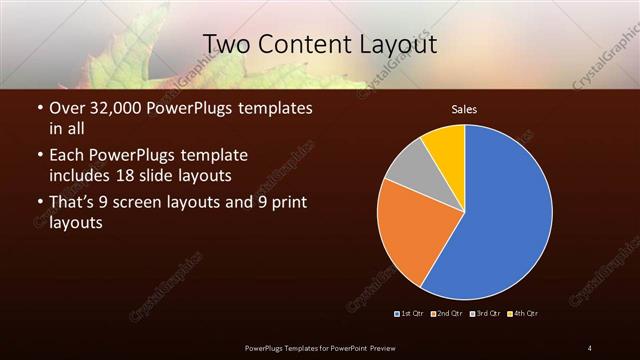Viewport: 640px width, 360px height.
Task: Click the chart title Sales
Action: click(x=464, y=107)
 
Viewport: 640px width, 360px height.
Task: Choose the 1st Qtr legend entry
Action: click(x=411, y=314)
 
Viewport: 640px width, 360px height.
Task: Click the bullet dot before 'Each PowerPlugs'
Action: click(x=39, y=157)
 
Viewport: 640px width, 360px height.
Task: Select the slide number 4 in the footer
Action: click(x=589, y=347)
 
